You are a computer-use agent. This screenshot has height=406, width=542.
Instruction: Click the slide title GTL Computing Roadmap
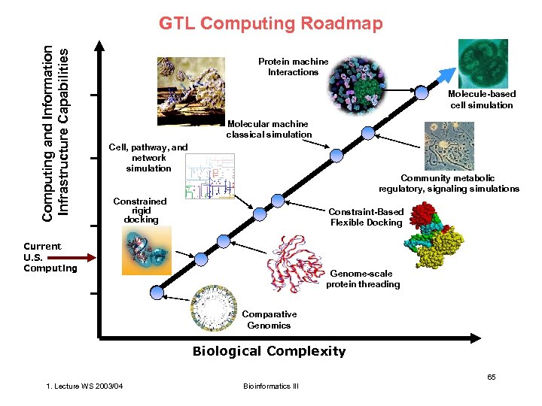pyautogui.click(x=271, y=24)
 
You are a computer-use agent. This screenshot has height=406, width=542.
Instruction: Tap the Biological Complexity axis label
pyautogui.click(x=269, y=351)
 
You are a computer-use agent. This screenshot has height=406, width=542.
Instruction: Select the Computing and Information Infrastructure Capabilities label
pyautogui.click(x=58, y=132)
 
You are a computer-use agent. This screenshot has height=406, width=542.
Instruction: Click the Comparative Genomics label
pyautogui.click(x=269, y=320)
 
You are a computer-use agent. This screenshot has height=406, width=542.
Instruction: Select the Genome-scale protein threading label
pyautogui.click(x=363, y=279)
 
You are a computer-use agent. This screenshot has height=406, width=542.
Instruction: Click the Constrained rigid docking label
pyautogui.click(x=140, y=211)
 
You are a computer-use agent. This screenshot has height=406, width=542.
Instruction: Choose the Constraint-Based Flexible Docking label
pyautogui.click(x=366, y=217)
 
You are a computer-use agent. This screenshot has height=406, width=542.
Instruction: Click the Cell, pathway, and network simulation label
pyautogui.click(x=148, y=158)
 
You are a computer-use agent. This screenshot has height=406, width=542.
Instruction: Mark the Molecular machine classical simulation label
pyautogui.click(x=269, y=129)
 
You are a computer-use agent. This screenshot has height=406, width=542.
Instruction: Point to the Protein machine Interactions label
pyautogui.click(x=293, y=67)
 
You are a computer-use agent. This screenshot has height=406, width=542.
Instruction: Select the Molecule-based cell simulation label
pyautogui.click(x=482, y=99)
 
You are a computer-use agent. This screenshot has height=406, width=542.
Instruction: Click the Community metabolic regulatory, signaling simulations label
pyautogui.click(x=449, y=183)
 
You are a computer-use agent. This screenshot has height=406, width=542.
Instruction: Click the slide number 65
pyautogui.click(x=492, y=376)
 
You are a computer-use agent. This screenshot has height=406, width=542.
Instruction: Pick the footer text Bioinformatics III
pyautogui.click(x=271, y=386)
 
